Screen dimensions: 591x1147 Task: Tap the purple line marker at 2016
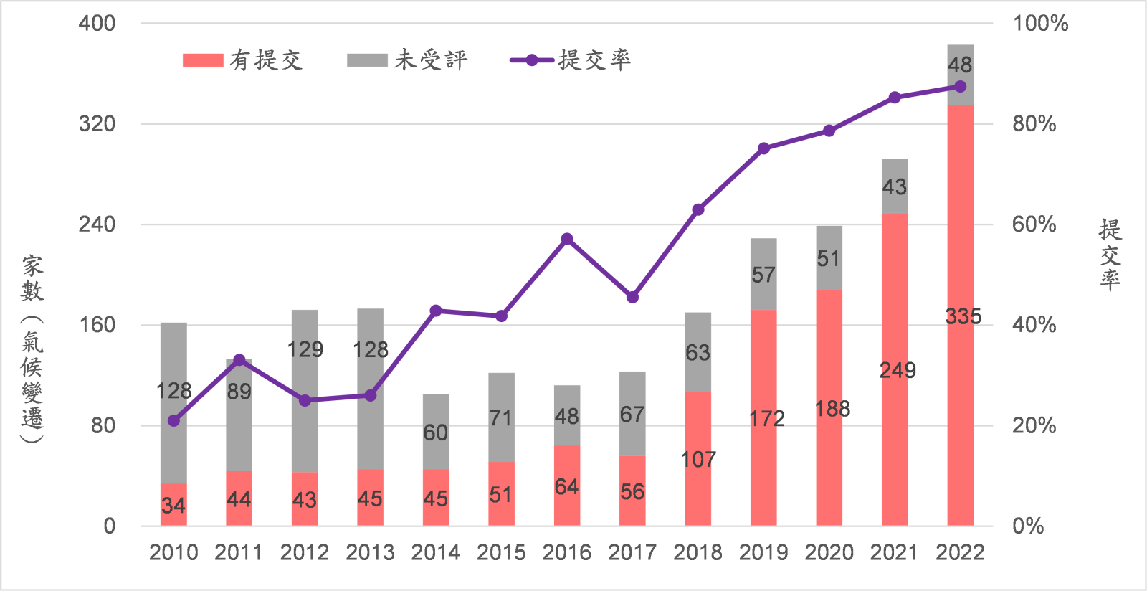point(567,239)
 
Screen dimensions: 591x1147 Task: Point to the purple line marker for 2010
point(173,420)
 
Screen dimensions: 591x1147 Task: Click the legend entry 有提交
point(244,60)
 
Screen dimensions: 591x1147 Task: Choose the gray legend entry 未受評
point(409,60)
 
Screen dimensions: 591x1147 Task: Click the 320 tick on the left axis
point(97,124)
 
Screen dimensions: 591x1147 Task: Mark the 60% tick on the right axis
point(1034,224)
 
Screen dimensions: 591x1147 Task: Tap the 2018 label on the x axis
point(698,552)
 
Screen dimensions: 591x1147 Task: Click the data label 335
point(963,316)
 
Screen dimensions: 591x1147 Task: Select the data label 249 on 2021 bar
point(898,370)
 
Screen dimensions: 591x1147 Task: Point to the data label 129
point(305,349)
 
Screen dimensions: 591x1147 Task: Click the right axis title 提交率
point(1110,255)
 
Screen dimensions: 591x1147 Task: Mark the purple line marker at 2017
point(632,297)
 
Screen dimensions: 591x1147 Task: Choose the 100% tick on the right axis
point(1039,24)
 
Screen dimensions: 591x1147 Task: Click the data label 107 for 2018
point(698,459)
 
